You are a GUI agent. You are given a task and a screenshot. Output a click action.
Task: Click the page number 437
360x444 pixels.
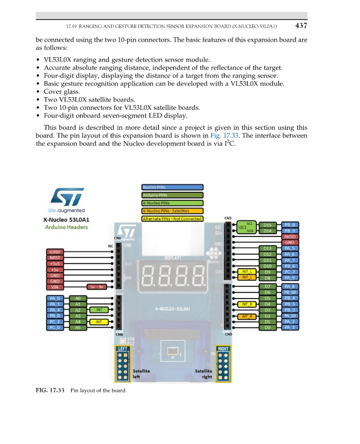coord(301,25)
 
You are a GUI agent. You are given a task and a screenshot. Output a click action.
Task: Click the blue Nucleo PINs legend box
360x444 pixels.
coord(172,188)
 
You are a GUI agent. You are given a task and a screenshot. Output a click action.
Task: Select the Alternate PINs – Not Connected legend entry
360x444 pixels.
coord(172,218)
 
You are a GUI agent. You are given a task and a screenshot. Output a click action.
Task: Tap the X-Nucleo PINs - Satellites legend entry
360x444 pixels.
coord(172,211)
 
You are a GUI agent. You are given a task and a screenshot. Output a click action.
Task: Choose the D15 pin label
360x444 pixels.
coord(267,225)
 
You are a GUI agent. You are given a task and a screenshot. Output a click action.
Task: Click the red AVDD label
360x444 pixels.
coord(290,236)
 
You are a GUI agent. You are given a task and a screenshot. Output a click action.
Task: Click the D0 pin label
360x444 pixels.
coord(267,328)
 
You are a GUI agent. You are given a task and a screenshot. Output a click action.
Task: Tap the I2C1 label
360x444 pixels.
coord(242,227)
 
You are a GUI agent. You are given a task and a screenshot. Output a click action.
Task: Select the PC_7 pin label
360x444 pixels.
coord(290,272)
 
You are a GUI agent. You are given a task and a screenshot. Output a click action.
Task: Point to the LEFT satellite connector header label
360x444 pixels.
coord(122,349)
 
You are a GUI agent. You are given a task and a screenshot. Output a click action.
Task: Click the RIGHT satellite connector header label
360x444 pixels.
coord(223,349)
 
